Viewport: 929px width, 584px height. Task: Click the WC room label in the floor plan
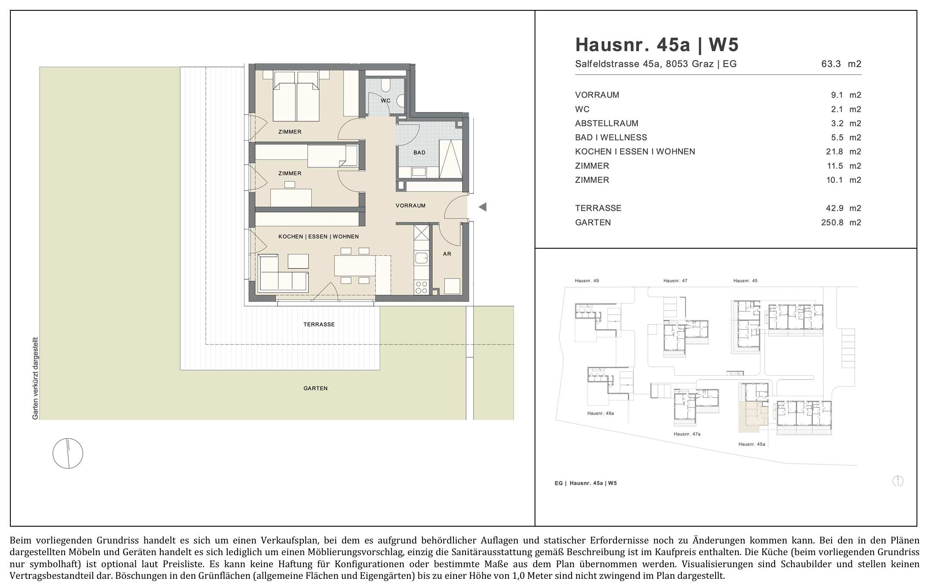click(x=385, y=101)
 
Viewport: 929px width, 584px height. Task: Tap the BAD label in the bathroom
click(x=419, y=153)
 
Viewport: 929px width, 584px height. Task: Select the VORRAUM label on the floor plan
click(x=410, y=206)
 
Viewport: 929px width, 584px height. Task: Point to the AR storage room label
click(x=447, y=254)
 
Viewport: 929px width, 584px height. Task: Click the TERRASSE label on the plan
click(x=319, y=325)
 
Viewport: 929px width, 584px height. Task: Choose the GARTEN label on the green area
click(x=316, y=388)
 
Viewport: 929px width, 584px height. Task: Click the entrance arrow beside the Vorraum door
click(x=482, y=207)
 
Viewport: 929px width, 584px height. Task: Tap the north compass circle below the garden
click(x=68, y=453)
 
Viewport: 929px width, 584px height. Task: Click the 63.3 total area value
click(x=831, y=64)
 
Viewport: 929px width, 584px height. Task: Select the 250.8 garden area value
click(x=832, y=223)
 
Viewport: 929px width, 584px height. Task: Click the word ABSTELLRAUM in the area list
click(x=607, y=123)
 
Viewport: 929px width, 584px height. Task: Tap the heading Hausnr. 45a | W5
click(x=657, y=45)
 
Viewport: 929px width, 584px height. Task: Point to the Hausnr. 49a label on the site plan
click(x=601, y=413)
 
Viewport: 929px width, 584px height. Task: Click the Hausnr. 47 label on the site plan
click(x=675, y=281)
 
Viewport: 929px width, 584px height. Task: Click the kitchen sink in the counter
click(x=421, y=259)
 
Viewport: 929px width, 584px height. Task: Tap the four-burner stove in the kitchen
click(x=421, y=287)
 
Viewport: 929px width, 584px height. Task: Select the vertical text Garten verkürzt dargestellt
click(x=36, y=378)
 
